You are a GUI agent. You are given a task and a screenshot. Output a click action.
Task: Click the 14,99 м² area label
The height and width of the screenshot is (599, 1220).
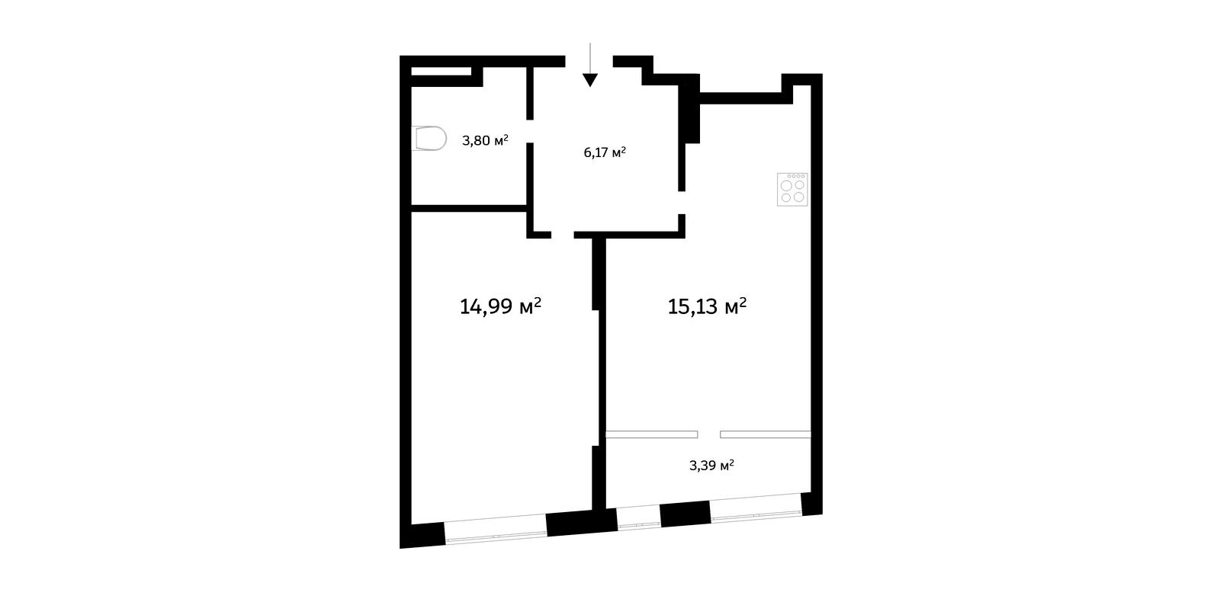500,306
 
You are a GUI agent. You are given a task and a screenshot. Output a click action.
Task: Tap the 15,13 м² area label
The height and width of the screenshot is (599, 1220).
707,306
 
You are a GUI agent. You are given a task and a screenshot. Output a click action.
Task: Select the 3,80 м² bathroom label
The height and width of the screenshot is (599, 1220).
485,140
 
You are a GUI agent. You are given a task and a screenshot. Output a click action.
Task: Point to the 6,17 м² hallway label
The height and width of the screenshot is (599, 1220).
605,152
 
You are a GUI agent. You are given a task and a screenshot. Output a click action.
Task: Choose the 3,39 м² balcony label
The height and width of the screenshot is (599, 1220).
711,466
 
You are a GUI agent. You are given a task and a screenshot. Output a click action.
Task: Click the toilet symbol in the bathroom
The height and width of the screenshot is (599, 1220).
429,138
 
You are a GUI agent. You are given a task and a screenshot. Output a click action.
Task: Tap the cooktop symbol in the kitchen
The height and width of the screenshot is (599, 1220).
792,190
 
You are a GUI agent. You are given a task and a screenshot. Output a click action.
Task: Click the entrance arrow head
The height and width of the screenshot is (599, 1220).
590,80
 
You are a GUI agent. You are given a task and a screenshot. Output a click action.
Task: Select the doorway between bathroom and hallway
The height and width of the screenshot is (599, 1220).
529,130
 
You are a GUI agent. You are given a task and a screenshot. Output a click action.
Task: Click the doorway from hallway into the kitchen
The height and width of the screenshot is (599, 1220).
682,203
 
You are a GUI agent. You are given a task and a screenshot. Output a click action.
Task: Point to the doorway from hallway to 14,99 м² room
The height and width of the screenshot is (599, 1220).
563,235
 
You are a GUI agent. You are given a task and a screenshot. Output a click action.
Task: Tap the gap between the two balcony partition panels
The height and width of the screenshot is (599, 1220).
709,434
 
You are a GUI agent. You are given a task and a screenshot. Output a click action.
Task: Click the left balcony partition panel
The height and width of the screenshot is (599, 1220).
652,434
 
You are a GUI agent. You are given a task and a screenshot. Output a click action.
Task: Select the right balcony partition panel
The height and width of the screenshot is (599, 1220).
766,434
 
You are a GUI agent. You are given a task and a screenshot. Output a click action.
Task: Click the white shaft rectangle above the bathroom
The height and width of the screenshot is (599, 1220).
441,72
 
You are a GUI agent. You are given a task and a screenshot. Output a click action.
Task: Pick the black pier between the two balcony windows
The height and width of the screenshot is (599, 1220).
685,514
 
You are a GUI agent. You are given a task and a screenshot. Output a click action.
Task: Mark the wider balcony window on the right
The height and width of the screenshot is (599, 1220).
756,507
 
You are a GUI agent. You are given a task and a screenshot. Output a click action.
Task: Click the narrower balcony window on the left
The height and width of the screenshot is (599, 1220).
639,518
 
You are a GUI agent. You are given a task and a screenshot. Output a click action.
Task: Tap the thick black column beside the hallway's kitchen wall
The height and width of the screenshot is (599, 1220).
690,109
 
